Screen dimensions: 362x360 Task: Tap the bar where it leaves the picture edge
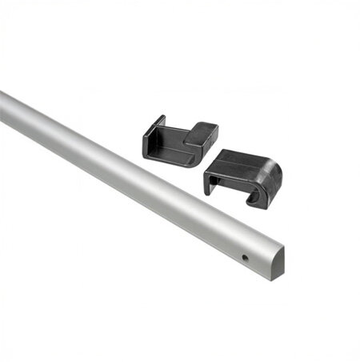click(5, 108)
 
